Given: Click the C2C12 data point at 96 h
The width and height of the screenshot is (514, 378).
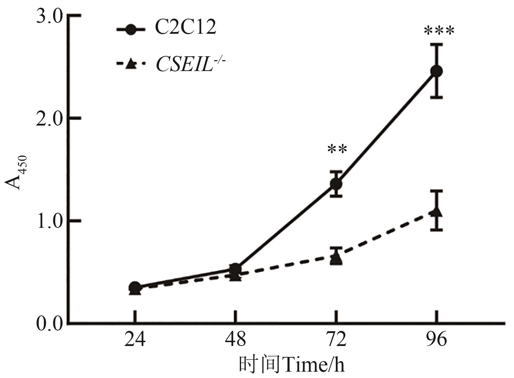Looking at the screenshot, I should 436,71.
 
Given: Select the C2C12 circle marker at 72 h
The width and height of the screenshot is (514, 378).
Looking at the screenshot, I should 336,184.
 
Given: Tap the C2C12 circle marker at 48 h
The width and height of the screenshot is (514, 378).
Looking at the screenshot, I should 235,269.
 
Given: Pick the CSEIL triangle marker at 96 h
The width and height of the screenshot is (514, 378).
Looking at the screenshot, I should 436,211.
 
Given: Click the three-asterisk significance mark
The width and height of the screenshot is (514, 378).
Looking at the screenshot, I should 439,31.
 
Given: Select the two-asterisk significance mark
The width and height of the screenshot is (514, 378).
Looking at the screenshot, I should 337,150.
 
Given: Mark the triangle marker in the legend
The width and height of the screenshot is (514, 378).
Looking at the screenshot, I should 131,64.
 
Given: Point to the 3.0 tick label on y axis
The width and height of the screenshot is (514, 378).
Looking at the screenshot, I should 49,17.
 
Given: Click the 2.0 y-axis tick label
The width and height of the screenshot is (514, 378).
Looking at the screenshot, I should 49,118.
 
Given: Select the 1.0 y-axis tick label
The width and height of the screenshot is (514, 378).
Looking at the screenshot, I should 49,221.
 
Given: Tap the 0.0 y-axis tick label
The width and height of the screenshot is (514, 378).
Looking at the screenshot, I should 49,323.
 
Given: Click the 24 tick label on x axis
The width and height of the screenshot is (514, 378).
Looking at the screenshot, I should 135,340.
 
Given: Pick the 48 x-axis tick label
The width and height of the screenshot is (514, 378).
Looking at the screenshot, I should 236,340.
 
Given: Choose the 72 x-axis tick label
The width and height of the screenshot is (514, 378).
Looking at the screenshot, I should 336,340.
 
